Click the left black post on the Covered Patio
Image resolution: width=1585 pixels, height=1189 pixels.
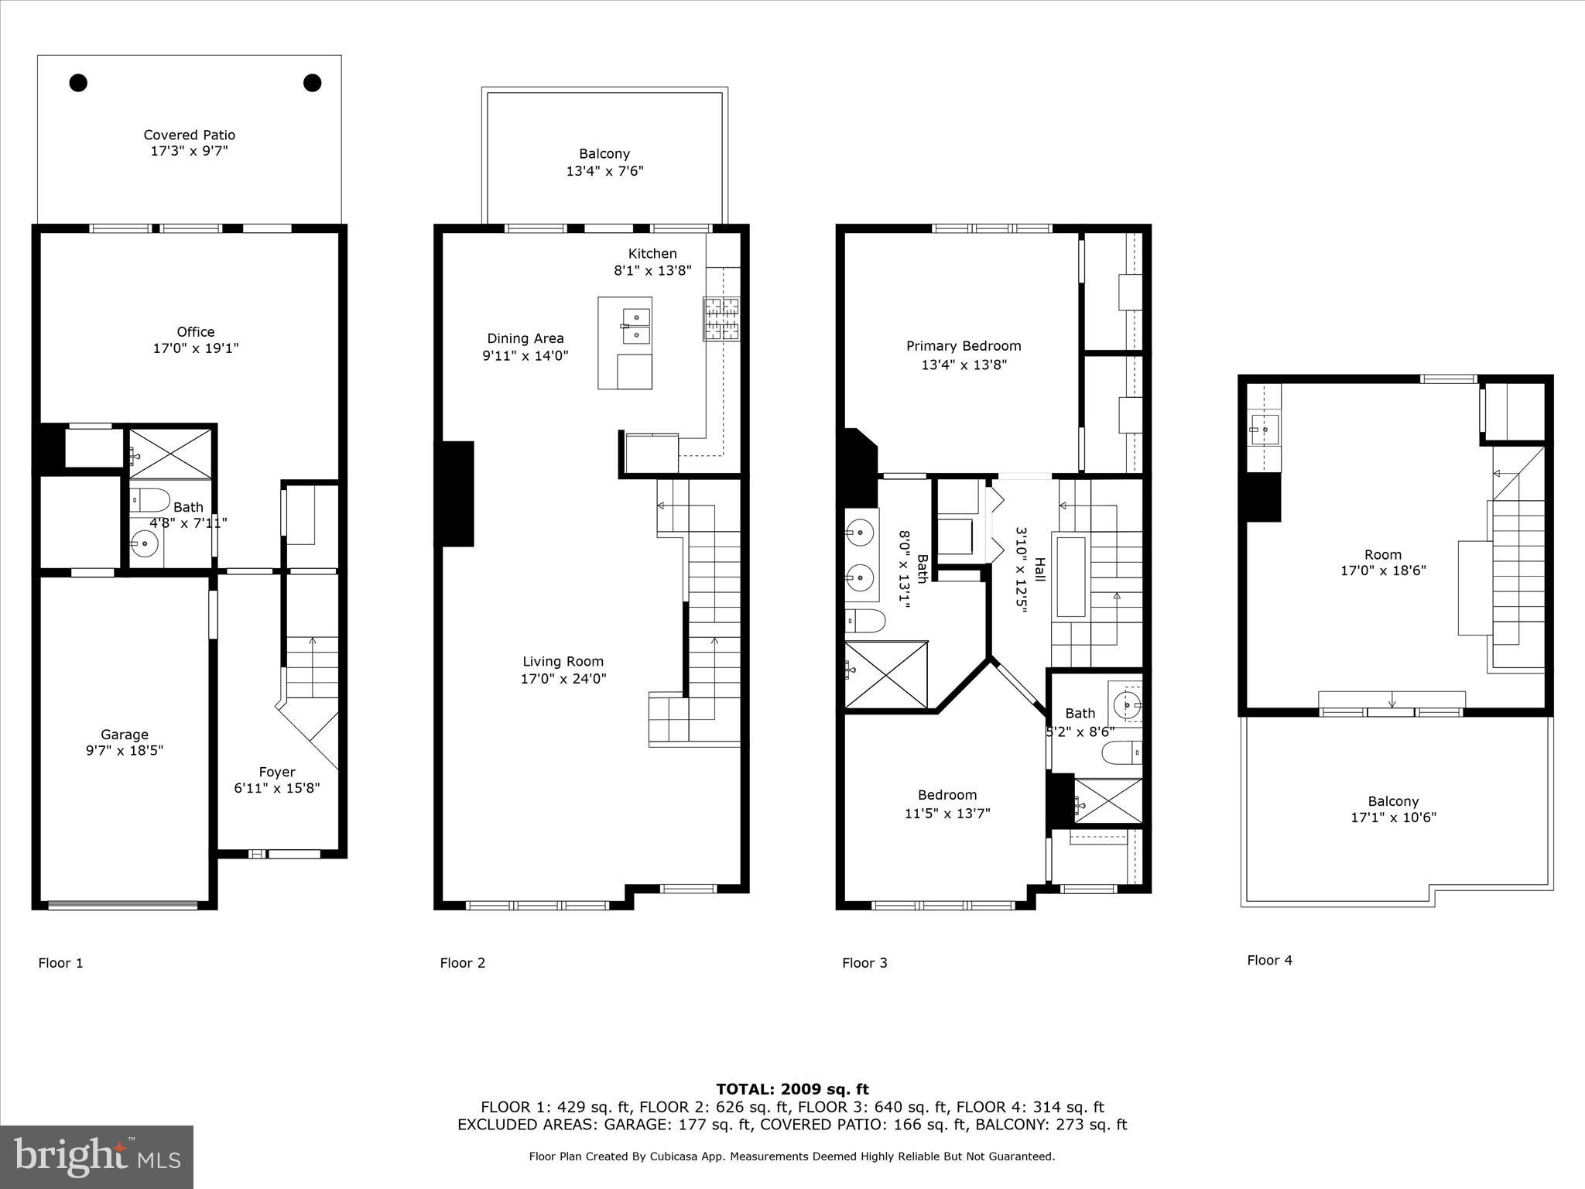pos(78,83)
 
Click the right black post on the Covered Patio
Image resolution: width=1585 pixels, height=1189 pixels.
pos(312,83)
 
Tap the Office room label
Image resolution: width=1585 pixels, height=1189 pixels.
pos(195,332)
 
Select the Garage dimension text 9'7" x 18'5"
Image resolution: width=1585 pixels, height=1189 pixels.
pos(125,750)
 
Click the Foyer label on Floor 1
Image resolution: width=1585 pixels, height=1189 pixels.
pos(277,772)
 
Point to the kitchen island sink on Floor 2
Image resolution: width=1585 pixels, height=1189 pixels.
pos(636,326)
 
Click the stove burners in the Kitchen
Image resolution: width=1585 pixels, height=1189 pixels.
pos(721,319)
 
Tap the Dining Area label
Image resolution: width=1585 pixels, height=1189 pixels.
pos(525,338)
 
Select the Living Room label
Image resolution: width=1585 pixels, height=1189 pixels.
pos(563,661)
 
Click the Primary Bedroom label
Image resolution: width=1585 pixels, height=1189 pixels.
pos(964,346)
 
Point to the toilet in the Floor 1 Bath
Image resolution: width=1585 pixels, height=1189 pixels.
pos(149,500)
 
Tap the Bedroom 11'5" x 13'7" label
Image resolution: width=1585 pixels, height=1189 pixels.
pos(947,795)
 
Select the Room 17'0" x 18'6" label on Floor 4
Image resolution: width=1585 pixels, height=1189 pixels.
pos(1382,554)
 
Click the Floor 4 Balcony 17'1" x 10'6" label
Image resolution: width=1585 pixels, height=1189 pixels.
pos(1393,801)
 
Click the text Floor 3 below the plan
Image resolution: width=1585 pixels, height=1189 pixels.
pos(864,963)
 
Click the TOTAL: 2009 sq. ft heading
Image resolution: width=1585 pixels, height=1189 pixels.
pos(792,1089)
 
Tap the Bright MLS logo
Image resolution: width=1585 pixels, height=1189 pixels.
pos(97,1156)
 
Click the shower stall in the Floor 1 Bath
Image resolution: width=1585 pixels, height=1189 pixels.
pos(170,449)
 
